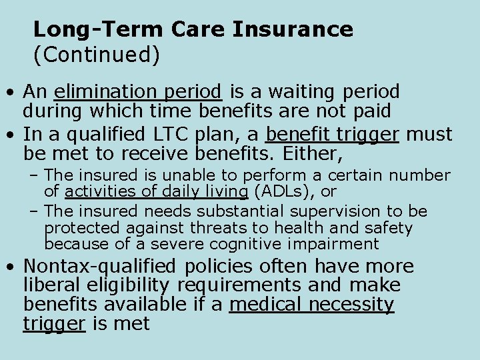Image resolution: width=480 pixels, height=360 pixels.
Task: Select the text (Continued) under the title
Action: tap(97, 55)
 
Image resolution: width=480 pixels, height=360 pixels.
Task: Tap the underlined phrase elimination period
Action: tap(138, 91)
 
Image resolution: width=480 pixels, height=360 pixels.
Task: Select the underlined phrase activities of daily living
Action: tap(157, 192)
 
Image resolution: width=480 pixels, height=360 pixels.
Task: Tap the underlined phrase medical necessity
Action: tap(312, 305)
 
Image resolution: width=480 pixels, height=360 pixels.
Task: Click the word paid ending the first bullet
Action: tap(371, 111)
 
